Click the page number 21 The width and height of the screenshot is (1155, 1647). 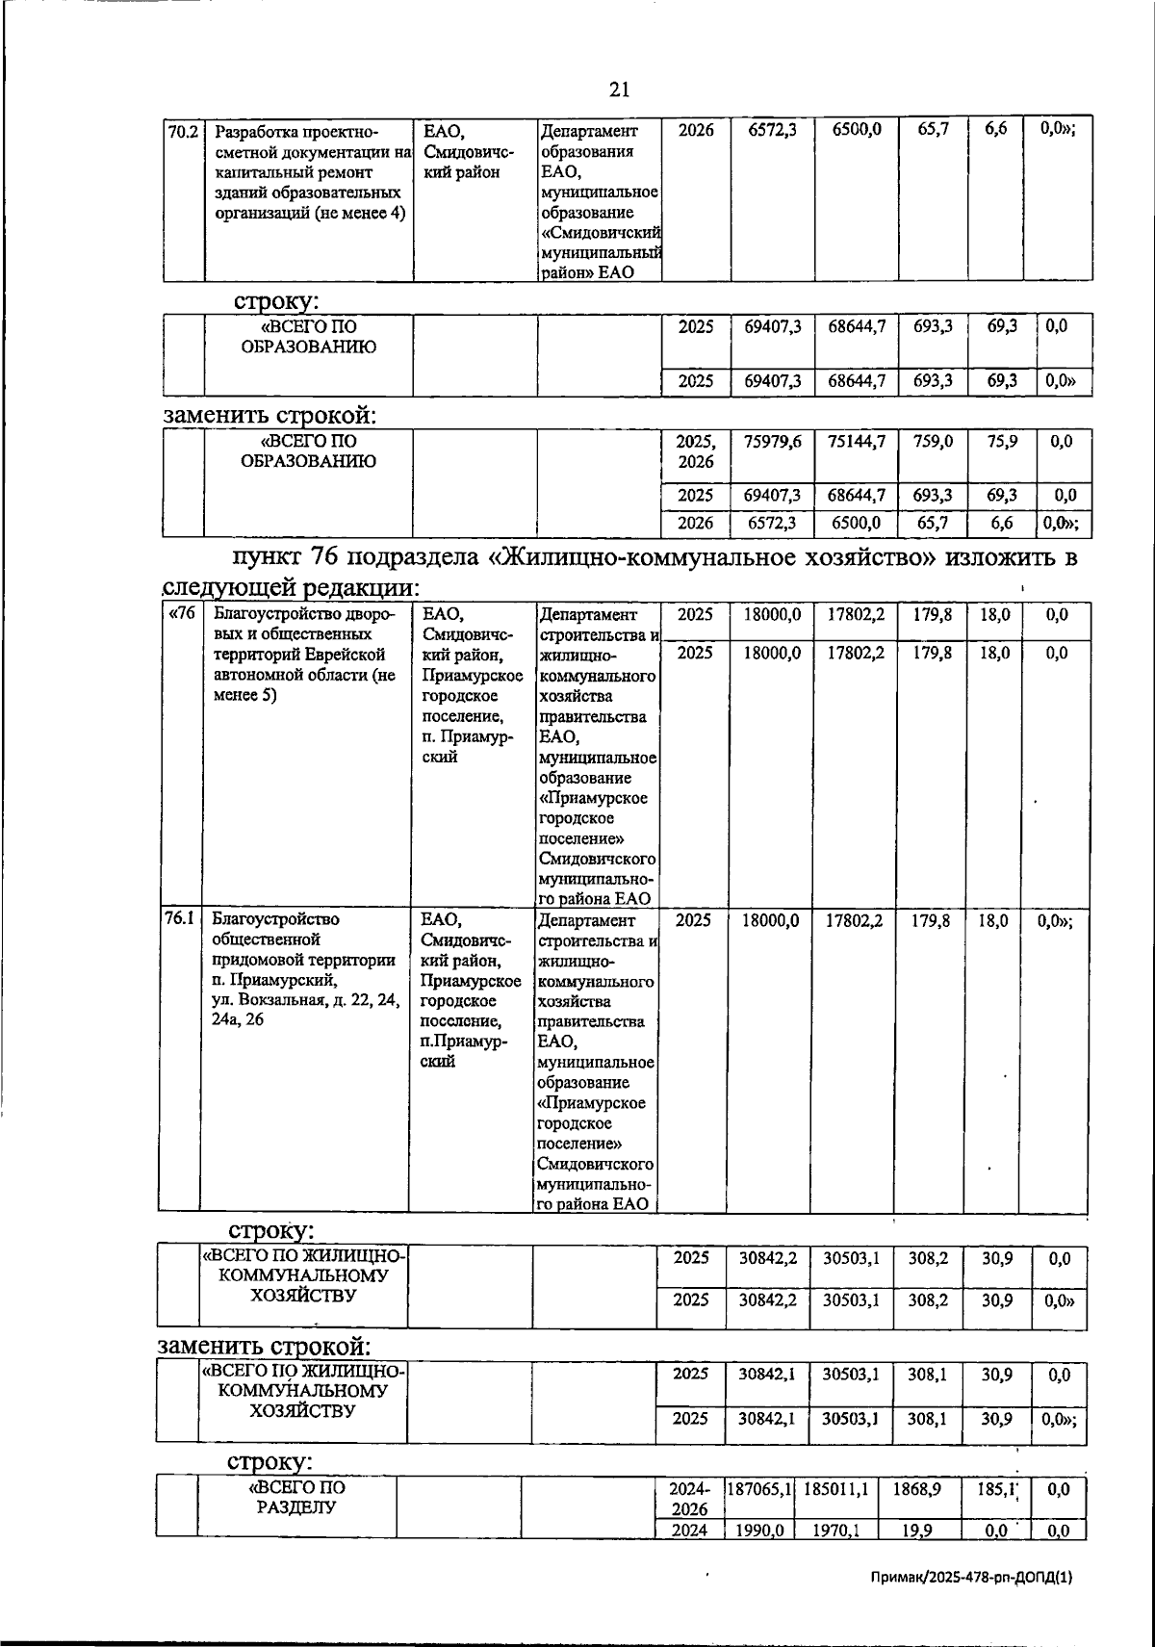click(x=619, y=90)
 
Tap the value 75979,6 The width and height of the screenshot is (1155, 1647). click(x=772, y=442)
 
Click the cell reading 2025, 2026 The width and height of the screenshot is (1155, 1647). click(x=695, y=451)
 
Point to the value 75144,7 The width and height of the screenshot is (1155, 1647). click(x=856, y=442)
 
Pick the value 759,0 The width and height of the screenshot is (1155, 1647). click(x=934, y=442)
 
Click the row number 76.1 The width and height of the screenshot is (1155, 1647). click(x=178, y=919)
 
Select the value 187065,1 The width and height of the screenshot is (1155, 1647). click(x=759, y=1488)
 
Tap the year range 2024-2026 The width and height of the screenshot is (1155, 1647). click(x=689, y=1498)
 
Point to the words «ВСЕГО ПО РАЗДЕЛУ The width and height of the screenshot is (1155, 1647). click(x=296, y=1497)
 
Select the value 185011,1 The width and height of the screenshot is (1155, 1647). click(x=836, y=1488)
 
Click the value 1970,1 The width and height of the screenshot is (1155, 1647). click(x=836, y=1530)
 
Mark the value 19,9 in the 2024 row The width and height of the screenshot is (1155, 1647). click(x=920, y=1530)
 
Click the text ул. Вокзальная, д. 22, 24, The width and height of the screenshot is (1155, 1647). click(x=305, y=1001)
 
